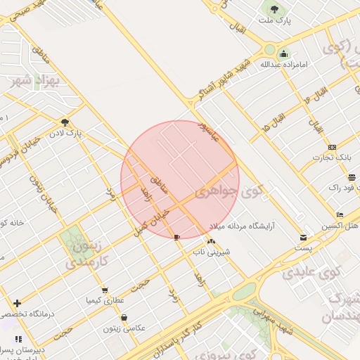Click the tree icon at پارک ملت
(x=274, y=10)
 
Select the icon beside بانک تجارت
(x=332, y=147)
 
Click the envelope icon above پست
(x=303, y=238)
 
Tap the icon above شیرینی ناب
(x=210, y=241)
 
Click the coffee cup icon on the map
(x=176, y=236)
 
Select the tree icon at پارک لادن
(x=65, y=122)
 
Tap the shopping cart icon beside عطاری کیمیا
(x=105, y=290)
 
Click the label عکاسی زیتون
(x=124, y=328)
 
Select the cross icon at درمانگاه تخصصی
(x=17, y=303)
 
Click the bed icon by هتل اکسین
(x=340, y=214)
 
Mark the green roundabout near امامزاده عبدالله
(x=269, y=49)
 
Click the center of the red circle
(x=180, y=180)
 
